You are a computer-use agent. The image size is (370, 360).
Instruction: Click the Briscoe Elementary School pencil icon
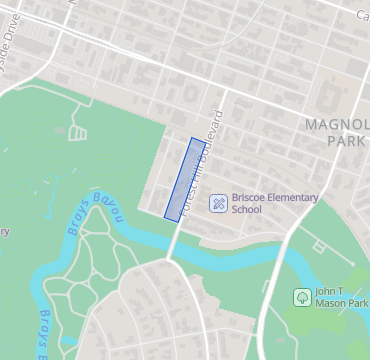tap(217, 203)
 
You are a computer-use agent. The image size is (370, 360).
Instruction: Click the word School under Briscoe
tap(246, 210)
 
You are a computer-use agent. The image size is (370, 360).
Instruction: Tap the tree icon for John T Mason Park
tap(302, 297)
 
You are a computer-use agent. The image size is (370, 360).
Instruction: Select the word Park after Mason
tap(357, 303)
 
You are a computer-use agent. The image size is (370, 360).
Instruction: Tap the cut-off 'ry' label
tap(4, 232)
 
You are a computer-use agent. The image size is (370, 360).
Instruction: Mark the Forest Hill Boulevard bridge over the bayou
tap(174, 243)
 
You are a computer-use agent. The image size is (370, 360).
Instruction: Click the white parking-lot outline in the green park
tap(78, 131)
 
